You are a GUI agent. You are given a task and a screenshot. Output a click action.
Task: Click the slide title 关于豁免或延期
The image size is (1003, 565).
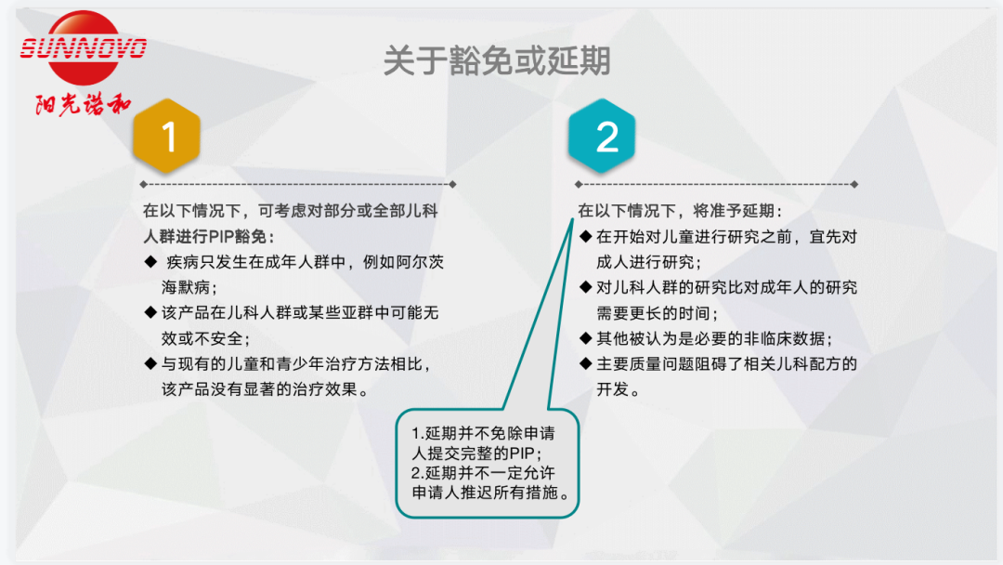point(496,60)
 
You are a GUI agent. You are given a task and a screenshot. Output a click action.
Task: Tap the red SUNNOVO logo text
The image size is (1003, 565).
point(84,48)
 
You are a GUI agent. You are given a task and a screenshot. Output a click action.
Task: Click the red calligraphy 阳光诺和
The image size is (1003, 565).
point(84,104)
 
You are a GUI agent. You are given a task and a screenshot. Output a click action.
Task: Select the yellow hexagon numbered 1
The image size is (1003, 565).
point(167,136)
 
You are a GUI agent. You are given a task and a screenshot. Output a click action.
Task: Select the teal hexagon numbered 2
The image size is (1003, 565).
point(601,136)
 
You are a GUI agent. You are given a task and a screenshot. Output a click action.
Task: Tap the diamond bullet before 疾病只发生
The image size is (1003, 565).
point(150,261)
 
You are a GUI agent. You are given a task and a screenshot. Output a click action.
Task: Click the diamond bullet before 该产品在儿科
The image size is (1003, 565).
point(150,312)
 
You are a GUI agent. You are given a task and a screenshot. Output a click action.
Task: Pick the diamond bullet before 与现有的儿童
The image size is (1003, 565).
point(150,363)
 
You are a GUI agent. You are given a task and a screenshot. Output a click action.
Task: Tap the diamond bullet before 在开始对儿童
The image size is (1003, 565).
point(585,236)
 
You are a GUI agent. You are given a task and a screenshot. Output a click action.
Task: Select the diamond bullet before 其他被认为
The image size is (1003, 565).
point(585,338)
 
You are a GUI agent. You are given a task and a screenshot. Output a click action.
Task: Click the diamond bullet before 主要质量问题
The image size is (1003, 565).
point(585,363)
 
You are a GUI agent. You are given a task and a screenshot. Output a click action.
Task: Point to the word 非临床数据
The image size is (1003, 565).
point(785,338)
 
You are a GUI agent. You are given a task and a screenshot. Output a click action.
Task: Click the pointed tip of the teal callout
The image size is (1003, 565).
point(572,219)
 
